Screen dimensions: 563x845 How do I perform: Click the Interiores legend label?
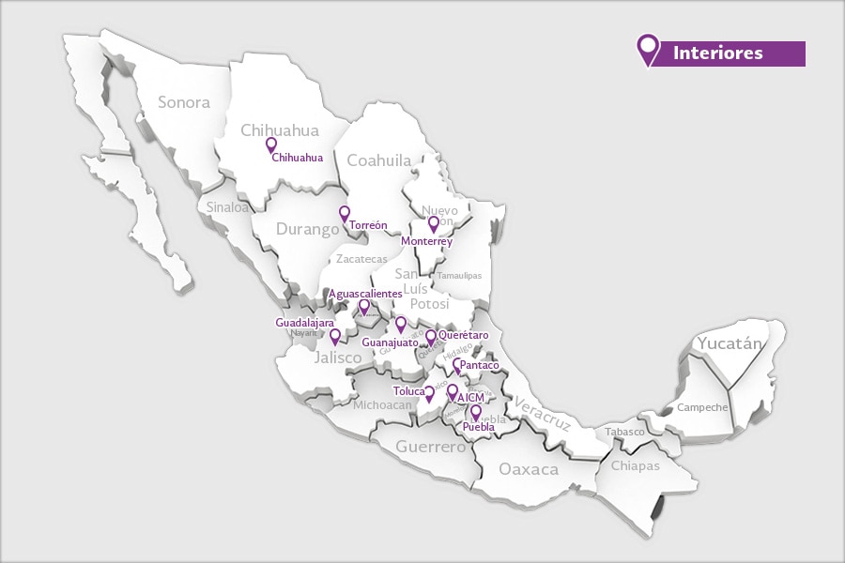(x=718, y=53)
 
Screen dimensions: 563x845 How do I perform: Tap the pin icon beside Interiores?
(x=647, y=49)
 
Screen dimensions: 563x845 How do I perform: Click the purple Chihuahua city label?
(x=297, y=158)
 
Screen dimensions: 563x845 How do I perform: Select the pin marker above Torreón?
(x=345, y=213)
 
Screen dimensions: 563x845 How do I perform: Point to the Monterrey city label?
(x=426, y=241)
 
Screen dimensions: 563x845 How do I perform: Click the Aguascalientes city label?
(x=365, y=294)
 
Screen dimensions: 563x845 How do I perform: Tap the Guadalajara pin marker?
(x=334, y=335)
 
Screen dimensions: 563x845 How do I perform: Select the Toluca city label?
(x=408, y=391)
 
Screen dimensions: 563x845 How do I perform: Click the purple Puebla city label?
(x=479, y=427)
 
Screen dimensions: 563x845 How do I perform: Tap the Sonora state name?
(x=183, y=102)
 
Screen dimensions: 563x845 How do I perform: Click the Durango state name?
(x=307, y=229)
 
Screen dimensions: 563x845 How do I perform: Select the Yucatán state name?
(x=729, y=343)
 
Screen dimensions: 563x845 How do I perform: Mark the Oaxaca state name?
(x=528, y=468)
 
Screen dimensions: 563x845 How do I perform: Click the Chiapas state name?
(x=636, y=465)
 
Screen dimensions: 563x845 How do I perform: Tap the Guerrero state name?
(x=430, y=447)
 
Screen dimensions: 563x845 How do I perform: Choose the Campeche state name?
(x=702, y=407)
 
